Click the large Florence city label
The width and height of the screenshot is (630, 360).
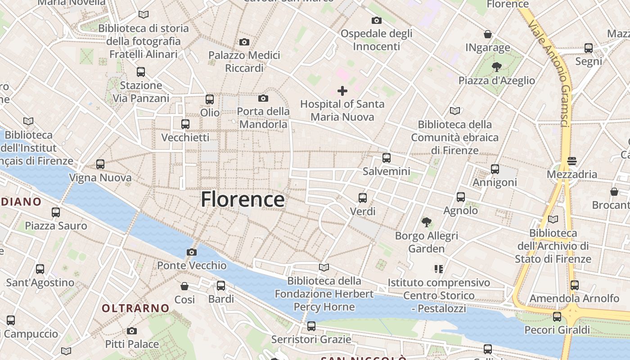click(243, 199)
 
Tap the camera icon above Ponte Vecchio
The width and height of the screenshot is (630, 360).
click(192, 252)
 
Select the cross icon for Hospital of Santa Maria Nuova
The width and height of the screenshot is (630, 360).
click(342, 91)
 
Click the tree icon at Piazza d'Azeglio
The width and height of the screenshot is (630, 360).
click(497, 67)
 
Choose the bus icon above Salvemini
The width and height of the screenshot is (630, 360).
click(387, 158)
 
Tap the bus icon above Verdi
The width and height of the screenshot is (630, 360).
click(363, 198)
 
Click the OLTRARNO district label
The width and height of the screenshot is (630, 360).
click(135, 308)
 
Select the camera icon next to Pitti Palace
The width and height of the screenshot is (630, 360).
click(132, 331)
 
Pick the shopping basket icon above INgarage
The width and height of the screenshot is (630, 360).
click(488, 34)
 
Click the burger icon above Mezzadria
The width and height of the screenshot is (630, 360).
click(572, 161)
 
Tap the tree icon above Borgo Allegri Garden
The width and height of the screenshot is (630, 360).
click(427, 222)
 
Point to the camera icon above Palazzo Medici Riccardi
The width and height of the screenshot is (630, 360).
click(244, 42)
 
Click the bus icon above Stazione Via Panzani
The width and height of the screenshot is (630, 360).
click(141, 72)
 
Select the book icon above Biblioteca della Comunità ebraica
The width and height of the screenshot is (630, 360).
click(455, 111)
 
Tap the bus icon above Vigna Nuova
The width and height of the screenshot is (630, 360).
click(100, 164)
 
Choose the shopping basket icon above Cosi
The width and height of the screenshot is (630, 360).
click(184, 286)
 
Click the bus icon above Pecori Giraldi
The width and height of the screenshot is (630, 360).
click(557, 317)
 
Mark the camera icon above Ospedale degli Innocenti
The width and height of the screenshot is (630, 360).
click(377, 20)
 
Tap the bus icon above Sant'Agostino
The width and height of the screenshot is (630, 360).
click(40, 269)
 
